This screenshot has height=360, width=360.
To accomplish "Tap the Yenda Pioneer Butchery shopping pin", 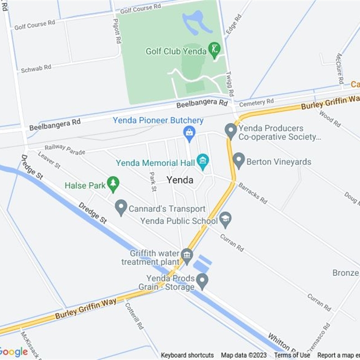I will pyautogui.click(x=189, y=132).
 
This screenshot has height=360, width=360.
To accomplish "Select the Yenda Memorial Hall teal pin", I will pyautogui.click(x=203, y=161).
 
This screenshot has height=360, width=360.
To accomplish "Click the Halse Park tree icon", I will pyautogui.click(x=113, y=183).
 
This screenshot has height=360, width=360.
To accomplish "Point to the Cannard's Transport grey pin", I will pyautogui.click(x=121, y=207).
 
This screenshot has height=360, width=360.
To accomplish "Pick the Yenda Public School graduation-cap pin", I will pyautogui.click(x=225, y=219).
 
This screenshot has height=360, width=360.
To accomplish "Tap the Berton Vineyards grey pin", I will pyautogui.click(x=238, y=160).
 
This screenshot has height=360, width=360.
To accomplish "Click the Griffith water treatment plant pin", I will pyautogui.click(x=187, y=256).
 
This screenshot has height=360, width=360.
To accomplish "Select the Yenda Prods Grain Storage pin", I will pyautogui.click(x=202, y=281).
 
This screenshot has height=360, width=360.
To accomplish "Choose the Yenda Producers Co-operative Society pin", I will pyautogui.click(x=230, y=130).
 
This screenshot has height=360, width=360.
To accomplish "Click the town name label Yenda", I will pyautogui.click(x=180, y=180).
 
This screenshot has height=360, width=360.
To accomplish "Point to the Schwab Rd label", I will pyautogui.click(x=36, y=68).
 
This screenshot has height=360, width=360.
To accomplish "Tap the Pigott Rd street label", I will pyautogui.click(x=117, y=31).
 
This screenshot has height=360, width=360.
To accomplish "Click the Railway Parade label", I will pyautogui.click(x=64, y=149).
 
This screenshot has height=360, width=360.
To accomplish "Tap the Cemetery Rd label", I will pyautogui.click(x=256, y=103).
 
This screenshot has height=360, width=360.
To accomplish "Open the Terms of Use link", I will pyautogui.click(x=292, y=355).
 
